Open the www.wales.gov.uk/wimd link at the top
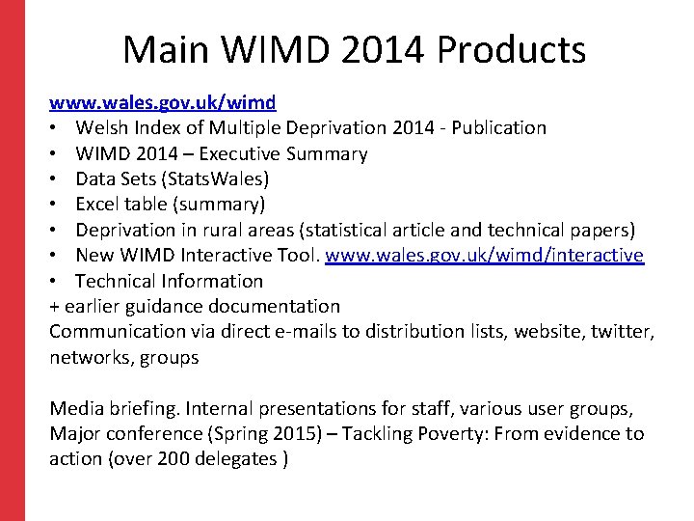163,102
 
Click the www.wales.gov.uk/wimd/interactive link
484,255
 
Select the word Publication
494,127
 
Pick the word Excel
99,204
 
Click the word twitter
623,331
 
